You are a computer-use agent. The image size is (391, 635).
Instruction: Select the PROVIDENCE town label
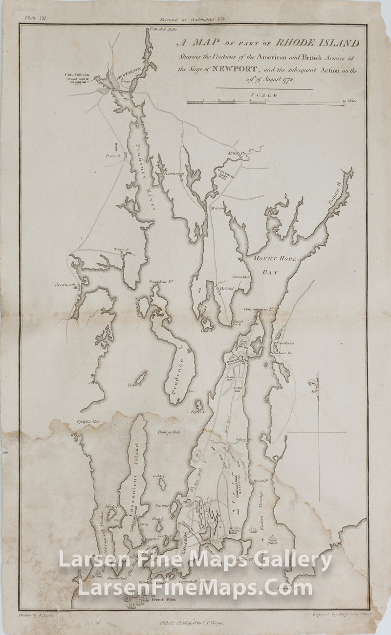128,74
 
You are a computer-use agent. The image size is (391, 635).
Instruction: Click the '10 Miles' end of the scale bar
349,101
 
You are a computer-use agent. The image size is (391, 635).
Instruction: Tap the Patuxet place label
112,156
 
